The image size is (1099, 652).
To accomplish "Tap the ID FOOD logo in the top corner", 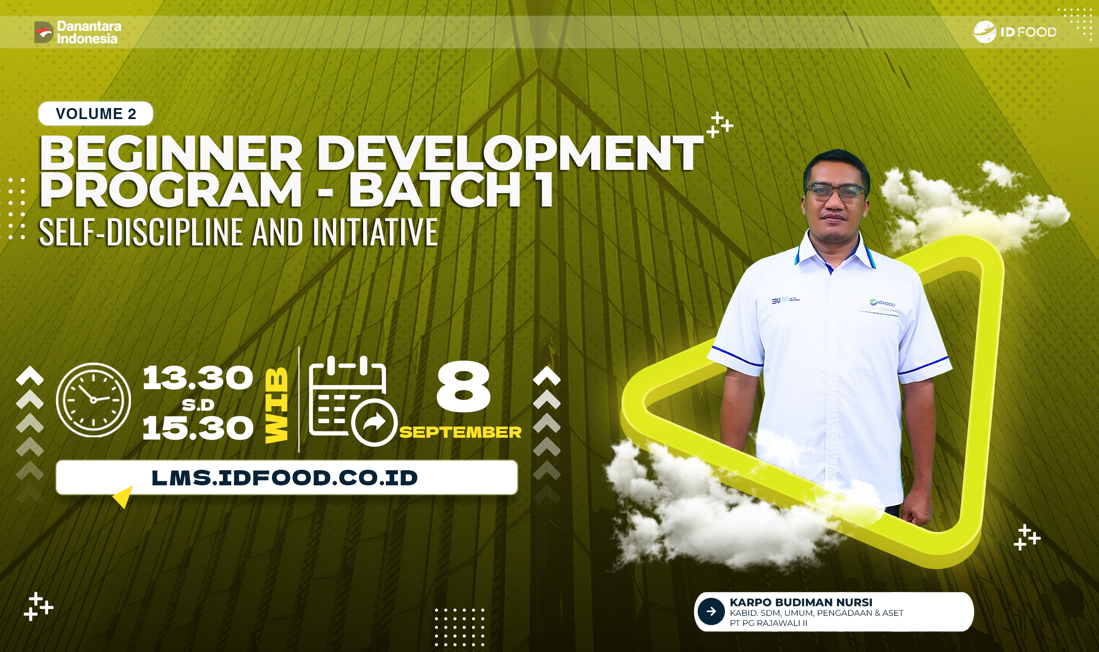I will pos(1015,32).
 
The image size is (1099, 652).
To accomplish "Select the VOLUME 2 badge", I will pos(96,114).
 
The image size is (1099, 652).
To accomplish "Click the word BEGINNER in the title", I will pos(171,153).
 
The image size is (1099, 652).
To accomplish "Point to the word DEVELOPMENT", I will pos(510,153).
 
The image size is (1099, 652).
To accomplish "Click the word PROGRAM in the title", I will pos(171,190).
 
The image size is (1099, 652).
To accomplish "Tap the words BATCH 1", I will pos(451,190).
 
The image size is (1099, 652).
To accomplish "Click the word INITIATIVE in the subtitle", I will pos(375,232).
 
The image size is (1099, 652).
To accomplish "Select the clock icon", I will pos(93,400).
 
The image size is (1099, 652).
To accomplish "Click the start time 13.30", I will pos(198,378).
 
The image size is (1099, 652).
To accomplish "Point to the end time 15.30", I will pos(198,429).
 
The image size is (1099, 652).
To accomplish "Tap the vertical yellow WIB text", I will pos(277,405).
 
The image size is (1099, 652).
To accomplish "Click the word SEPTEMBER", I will pos(460,432).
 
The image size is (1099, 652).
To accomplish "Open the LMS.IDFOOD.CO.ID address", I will pos(285,478).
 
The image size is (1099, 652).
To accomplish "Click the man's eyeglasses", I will pos(835,192).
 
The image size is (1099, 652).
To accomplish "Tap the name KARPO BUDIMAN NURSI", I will pos(801,602).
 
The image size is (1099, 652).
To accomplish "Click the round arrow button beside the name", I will pos(711,611).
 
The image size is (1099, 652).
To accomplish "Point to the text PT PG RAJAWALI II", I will pos(768,623).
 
